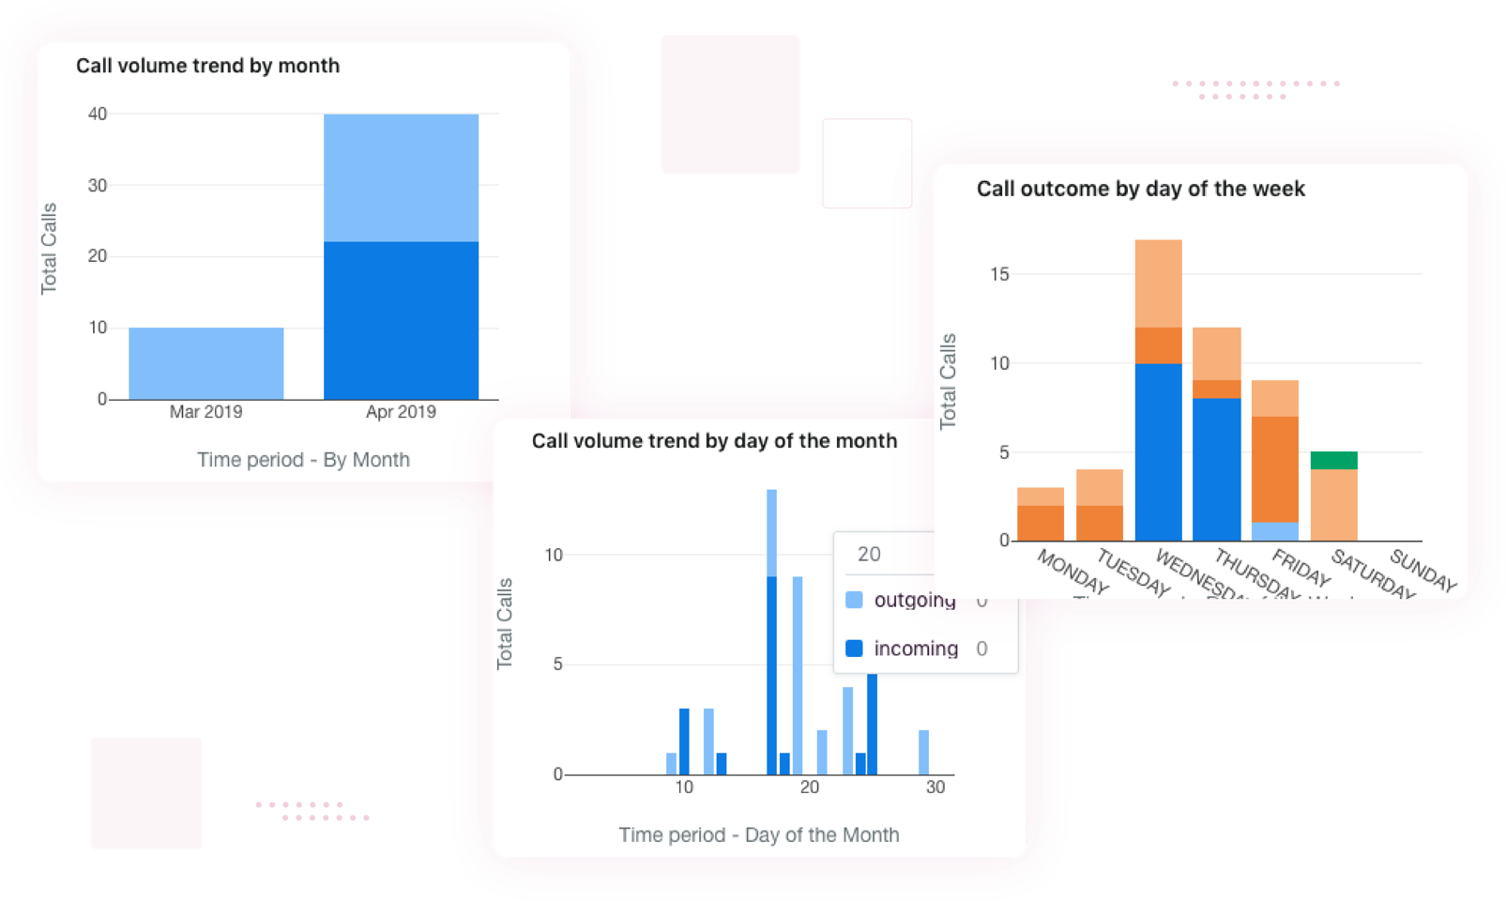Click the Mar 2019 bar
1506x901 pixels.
coord(205,363)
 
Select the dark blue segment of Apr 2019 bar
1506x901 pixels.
coord(401,320)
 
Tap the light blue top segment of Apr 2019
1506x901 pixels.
coord(401,177)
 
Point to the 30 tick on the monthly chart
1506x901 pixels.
coord(98,185)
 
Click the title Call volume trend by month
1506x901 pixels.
coord(207,66)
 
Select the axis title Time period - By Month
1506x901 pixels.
coord(303,460)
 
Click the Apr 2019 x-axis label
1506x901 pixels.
coord(401,412)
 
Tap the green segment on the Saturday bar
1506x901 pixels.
coord(1333,460)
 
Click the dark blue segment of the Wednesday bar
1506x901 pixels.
coord(1158,451)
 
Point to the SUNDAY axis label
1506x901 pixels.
coord(1422,570)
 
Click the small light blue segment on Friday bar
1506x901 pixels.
coord(1274,531)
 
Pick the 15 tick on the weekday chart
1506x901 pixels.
coord(999,274)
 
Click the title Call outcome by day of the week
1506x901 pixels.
coord(1140,189)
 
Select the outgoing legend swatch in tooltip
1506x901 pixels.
coord(854,600)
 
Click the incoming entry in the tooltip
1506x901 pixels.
coord(915,649)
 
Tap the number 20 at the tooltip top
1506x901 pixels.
coord(869,554)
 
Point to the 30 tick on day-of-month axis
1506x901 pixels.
coord(935,787)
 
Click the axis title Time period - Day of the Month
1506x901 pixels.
coord(758,834)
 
